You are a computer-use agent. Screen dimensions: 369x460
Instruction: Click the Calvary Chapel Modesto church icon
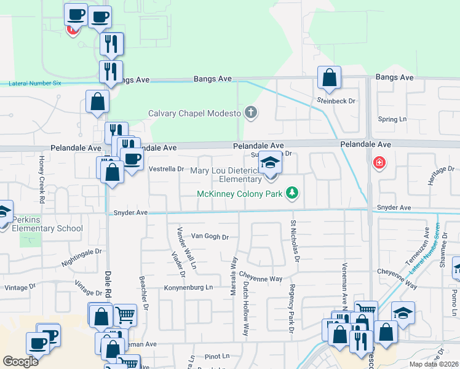250,113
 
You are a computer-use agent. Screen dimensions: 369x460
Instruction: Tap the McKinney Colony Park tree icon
291,194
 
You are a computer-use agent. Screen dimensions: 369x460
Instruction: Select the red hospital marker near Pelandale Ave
379,163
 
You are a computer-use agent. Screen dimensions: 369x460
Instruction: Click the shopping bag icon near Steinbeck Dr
329,78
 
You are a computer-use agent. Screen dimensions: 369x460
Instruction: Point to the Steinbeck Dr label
336,100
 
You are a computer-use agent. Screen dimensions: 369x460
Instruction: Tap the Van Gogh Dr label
210,236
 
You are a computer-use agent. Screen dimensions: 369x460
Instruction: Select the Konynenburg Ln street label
188,287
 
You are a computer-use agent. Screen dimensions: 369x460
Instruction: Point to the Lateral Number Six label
36,83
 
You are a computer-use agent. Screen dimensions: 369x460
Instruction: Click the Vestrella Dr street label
167,169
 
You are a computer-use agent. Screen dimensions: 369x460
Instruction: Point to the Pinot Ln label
216,355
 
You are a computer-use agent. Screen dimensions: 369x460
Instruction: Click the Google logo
20,362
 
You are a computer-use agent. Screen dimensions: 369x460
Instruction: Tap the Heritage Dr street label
442,169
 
